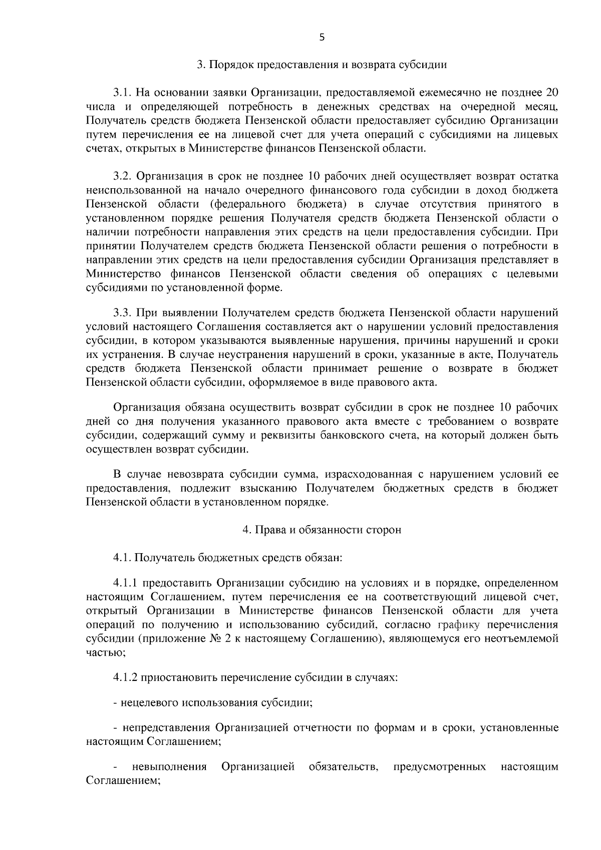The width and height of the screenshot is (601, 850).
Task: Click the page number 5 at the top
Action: click(x=322, y=37)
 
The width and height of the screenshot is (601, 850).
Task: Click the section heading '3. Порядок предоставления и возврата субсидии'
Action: click(x=322, y=65)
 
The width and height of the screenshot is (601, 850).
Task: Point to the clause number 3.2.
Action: click(x=122, y=176)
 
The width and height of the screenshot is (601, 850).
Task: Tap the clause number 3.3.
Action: click(x=122, y=313)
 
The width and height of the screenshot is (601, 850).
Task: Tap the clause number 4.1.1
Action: click(x=125, y=583)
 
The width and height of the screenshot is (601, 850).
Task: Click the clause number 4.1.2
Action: click(x=125, y=678)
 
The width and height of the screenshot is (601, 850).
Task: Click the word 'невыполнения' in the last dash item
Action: click(x=169, y=767)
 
